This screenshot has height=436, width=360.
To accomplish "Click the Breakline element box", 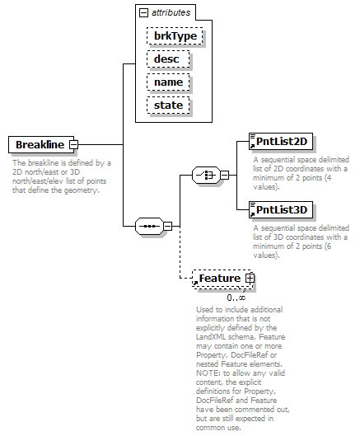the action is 41,144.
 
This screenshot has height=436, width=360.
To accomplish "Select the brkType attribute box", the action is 175,36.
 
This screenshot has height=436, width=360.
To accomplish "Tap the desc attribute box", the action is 168,59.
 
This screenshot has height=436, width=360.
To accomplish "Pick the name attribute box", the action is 168,82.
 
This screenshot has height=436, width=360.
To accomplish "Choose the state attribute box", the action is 168,105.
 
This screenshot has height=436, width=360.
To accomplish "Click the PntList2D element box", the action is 281,141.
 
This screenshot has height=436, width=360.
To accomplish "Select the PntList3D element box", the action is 281,209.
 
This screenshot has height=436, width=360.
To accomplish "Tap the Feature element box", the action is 222,279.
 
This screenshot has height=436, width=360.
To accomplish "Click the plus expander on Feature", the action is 250,278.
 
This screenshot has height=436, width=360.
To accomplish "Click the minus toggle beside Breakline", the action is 73,144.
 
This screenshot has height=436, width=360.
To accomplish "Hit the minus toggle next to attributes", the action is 143,12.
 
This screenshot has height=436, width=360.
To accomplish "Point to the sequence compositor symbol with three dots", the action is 149,226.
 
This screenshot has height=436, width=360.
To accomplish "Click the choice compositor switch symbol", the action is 206,175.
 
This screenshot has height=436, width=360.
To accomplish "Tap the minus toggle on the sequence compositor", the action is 167,226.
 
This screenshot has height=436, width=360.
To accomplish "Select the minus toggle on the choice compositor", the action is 225,175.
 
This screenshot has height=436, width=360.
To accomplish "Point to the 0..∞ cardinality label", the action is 236,298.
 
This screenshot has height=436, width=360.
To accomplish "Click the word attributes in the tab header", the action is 171,12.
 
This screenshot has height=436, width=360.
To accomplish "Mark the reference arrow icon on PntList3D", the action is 252,214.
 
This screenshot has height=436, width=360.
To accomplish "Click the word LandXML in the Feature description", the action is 210,337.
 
